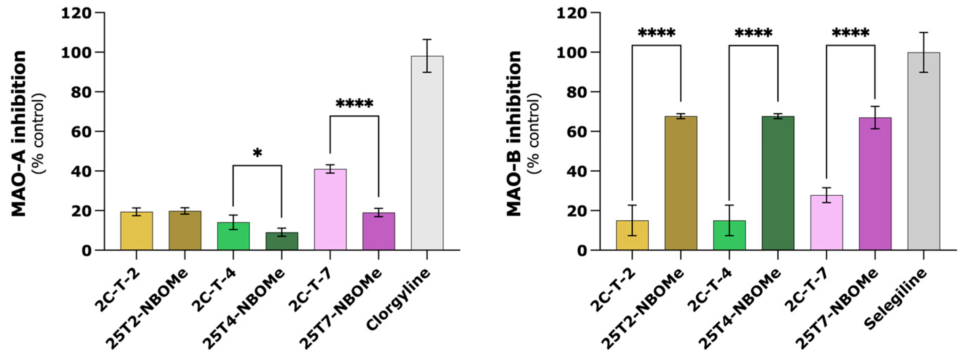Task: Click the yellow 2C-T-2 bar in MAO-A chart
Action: [136, 231]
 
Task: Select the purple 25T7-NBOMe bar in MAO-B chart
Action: [875, 184]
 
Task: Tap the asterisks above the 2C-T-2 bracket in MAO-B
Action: [656, 33]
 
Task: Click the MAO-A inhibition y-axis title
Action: [19, 133]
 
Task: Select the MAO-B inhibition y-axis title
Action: [514, 133]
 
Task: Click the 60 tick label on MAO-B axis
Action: [577, 131]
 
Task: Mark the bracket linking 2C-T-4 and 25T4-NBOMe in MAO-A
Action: [257, 165]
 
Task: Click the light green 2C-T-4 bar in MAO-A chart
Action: [233, 237]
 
